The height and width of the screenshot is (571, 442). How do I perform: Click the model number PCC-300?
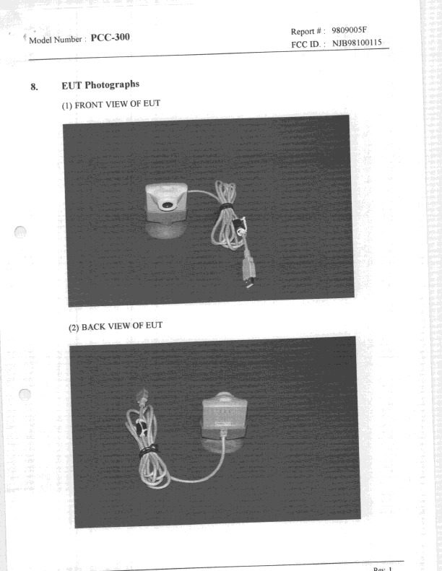coord(110,37)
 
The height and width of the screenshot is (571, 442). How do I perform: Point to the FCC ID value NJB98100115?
coord(356,43)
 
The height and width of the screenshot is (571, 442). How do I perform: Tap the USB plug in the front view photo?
coord(249,279)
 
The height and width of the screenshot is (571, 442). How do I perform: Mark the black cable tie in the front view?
coord(226,207)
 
